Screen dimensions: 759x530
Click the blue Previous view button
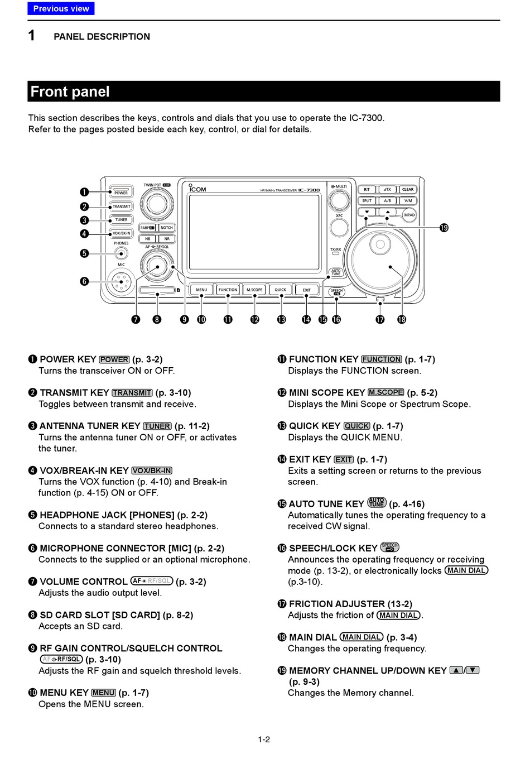click(61, 8)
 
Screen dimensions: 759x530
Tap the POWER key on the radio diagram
click(121, 193)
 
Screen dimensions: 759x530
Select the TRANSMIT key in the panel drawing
click(121, 206)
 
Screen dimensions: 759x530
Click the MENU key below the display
click(201, 290)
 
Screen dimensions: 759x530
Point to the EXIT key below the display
click(306, 290)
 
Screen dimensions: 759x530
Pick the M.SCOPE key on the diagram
click(254, 290)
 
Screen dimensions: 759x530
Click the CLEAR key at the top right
click(408, 189)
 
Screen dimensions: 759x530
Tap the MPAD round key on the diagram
click(409, 215)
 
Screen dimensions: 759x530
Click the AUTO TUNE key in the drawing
click(336, 272)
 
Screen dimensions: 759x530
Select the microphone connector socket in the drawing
click(121, 282)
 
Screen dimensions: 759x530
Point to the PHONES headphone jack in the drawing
click(121, 253)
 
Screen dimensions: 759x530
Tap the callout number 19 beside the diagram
click(444, 228)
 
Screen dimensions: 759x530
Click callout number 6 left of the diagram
click(84, 281)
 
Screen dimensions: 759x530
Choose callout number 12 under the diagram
click(254, 319)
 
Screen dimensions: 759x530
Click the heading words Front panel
click(70, 92)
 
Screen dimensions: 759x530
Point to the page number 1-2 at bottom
click(264, 739)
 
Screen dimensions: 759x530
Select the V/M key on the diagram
click(408, 200)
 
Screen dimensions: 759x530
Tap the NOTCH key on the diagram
click(167, 228)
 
